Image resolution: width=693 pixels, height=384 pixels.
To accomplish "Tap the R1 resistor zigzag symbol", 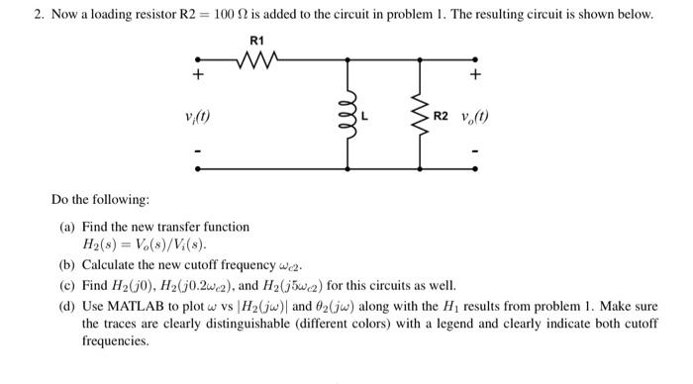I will tap(260, 62).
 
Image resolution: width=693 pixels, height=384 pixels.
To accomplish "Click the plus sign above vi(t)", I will tap(198, 74).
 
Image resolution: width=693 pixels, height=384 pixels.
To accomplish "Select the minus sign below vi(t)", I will tap(198, 152).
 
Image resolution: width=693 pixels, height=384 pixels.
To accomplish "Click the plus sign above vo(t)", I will tap(476, 74).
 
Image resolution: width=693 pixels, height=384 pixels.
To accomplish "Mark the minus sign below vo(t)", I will tap(476, 152).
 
